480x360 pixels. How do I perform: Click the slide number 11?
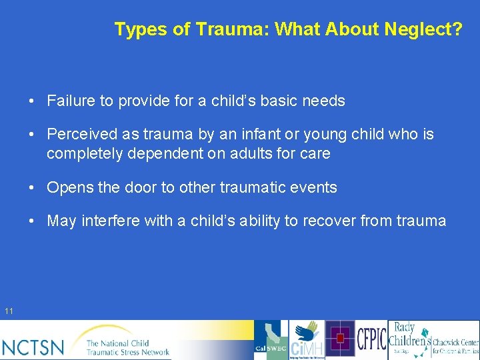click(9, 311)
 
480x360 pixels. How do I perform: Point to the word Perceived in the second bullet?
click(81, 135)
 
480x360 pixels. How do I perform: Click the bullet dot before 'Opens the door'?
click(32, 188)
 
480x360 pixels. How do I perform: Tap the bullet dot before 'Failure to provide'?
click(32, 101)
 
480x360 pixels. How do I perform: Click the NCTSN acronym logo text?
click(33, 347)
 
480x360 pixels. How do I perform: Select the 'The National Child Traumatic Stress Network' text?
click(127, 347)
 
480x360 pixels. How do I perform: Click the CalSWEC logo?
click(271, 341)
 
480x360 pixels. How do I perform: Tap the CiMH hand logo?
click(306, 341)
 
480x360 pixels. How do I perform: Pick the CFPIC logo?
click(371, 339)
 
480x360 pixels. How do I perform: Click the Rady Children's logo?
click(409, 339)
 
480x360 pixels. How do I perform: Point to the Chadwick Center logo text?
click(455, 343)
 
